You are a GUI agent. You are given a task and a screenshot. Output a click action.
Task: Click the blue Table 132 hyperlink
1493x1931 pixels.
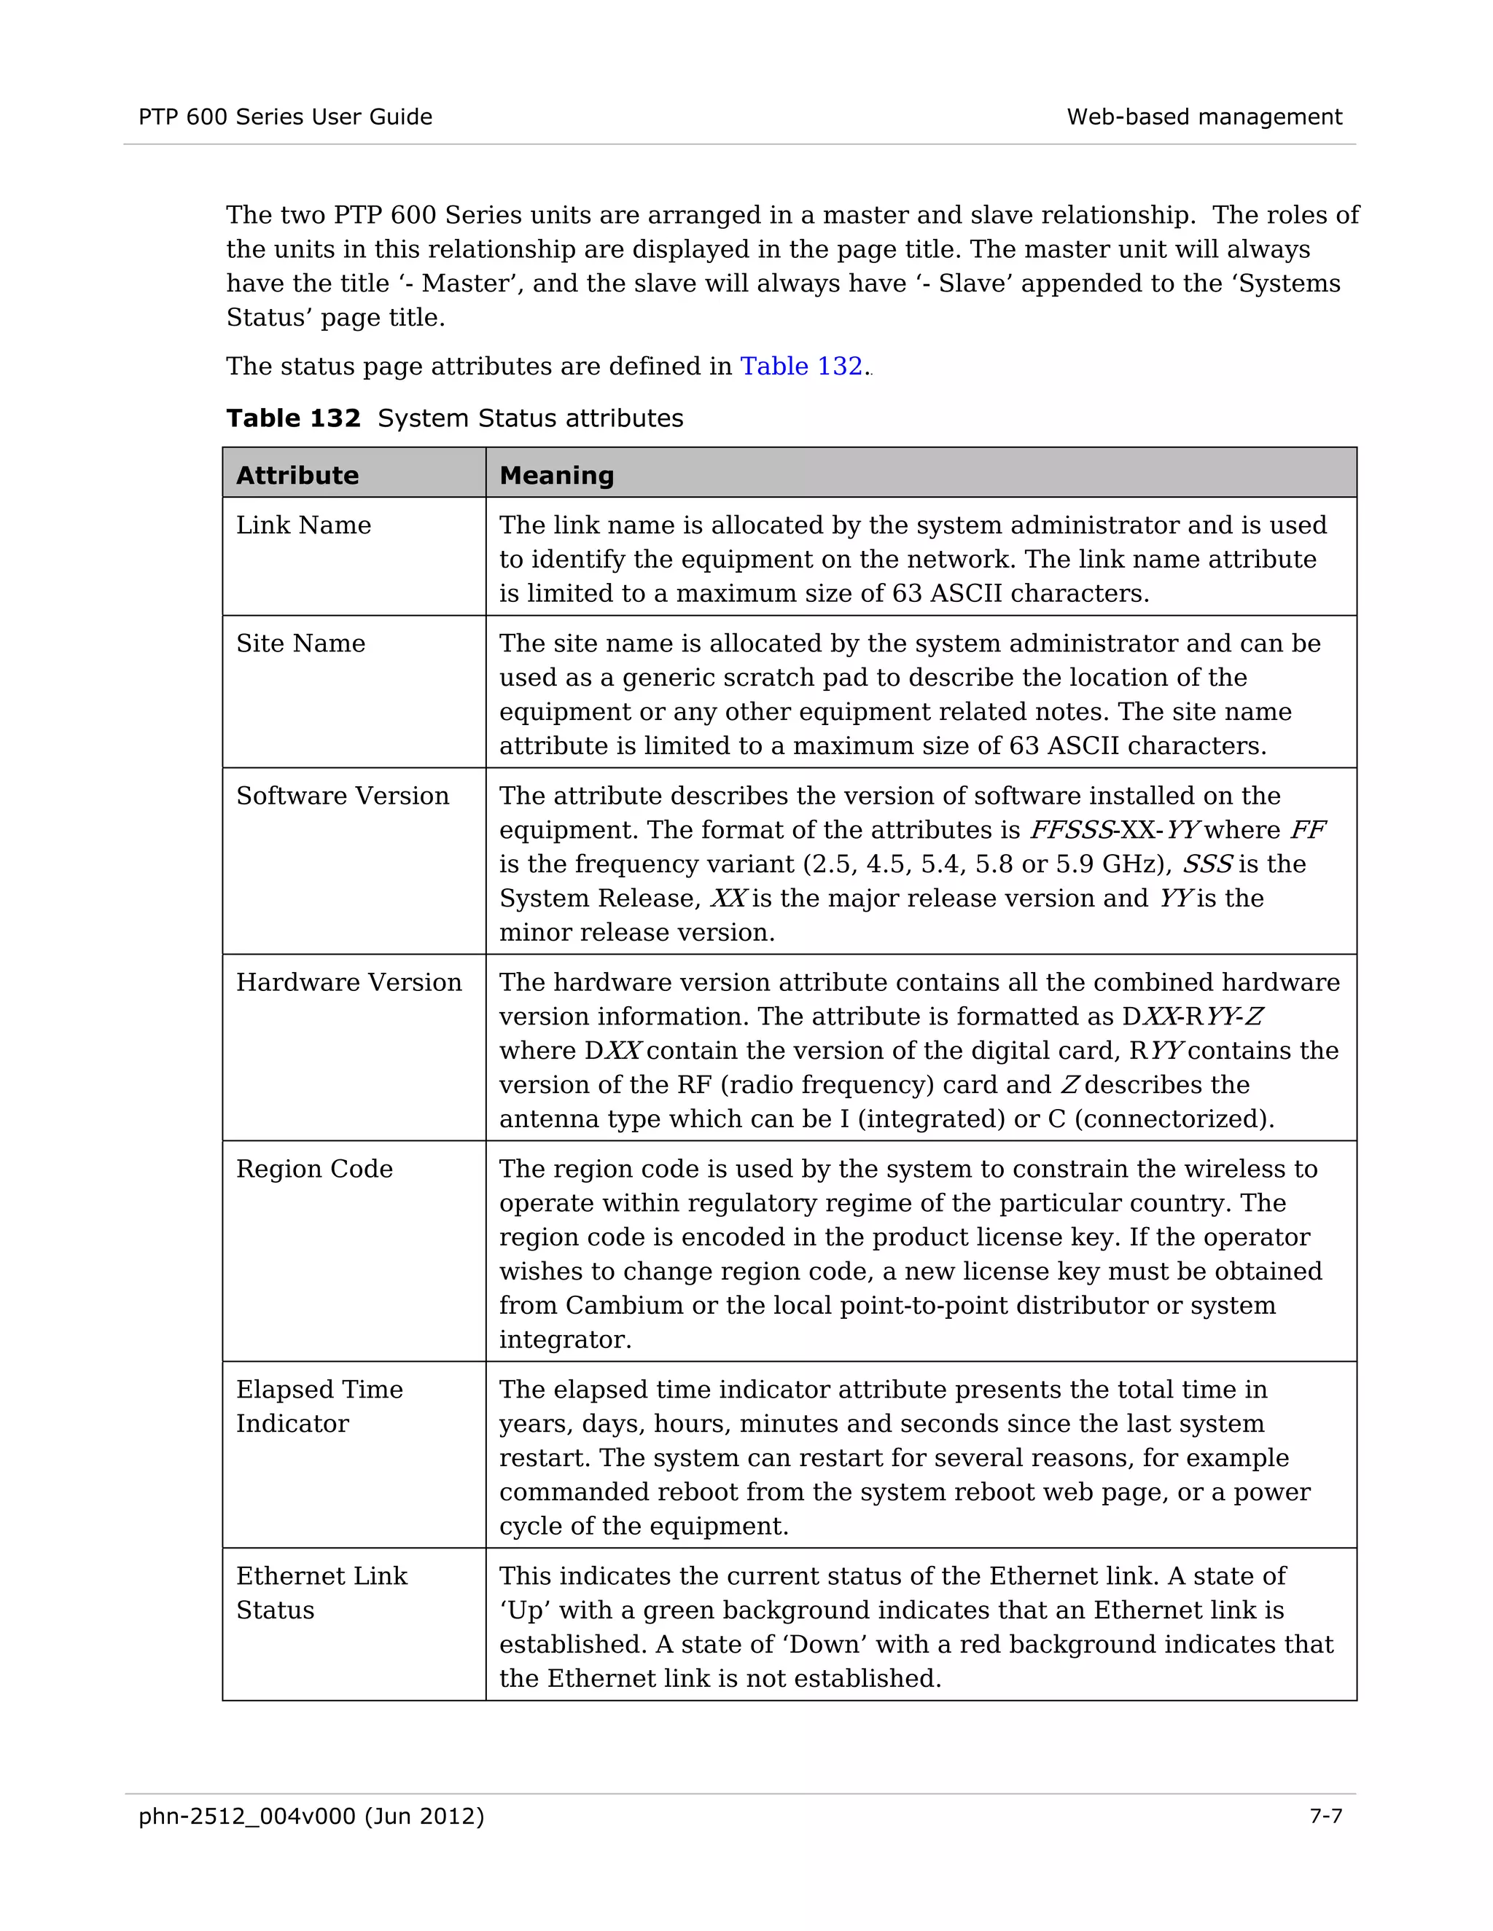(x=800, y=366)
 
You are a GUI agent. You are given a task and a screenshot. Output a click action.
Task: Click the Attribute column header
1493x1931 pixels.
(x=297, y=476)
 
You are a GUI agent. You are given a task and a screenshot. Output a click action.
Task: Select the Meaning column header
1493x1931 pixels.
(x=556, y=476)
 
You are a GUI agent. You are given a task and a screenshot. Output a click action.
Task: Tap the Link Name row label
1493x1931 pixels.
(x=303, y=525)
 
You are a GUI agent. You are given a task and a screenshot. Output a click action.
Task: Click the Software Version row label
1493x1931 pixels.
(x=343, y=796)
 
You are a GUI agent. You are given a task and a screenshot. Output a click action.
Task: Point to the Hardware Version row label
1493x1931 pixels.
(x=348, y=982)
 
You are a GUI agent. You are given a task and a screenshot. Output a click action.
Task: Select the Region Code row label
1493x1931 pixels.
(x=314, y=1169)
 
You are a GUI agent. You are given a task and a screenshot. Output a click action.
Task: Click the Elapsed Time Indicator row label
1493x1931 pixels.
(x=319, y=1406)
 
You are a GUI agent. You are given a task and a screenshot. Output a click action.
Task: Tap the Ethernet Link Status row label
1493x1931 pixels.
(x=321, y=1593)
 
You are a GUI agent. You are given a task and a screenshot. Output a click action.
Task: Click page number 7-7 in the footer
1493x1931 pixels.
(x=1325, y=1816)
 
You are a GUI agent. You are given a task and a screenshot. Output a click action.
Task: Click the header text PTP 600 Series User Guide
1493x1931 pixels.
(x=285, y=117)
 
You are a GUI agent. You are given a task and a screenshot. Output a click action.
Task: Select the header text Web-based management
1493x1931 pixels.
(x=1204, y=117)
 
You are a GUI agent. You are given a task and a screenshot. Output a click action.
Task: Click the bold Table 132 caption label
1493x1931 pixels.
(x=293, y=418)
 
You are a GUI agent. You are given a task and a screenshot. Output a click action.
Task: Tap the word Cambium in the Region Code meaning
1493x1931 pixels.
(x=623, y=1306)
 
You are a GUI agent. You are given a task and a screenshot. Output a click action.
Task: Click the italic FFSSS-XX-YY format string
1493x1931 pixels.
(x=1114, y=830)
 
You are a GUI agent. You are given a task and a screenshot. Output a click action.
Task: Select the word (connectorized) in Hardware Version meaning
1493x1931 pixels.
(x=1174, y=1119)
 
